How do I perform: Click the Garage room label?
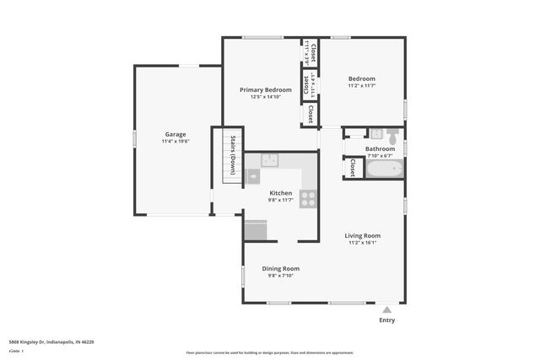pyautogui.click(x=175, y=134)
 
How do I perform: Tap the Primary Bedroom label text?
pyautogui.click(x=265, y=89)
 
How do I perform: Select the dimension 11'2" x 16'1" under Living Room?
pyautogui.click(x=362, y=243)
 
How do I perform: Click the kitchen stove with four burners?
pyautogui.click(x=309, y=199)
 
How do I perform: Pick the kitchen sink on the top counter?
pyautogui.click(x=270, y=159)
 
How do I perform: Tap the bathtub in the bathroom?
pyautogui.click(x=384, y=169)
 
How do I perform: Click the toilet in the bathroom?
pyautogui.click(x=376, y=132)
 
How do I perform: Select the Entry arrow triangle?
pyautogui.click(x=386, y=309)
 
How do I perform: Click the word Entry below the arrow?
pyautogui.click(x=386, y=320)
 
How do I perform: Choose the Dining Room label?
pyautogui.click(x=280, y=268)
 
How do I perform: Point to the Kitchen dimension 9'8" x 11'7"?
pyautogui.click(x=280, y=200)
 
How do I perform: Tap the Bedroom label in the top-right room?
pyautogui.click(x=361, y=78)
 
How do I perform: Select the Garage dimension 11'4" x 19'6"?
pyautogui.click(x=175, y=142)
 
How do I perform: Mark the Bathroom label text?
pyautogui.click(x=380, y=148)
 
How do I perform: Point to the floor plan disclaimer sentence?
pyautogui.click(x=270, y=352)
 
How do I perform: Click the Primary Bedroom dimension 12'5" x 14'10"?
pyautogui.click(x=265, y=97)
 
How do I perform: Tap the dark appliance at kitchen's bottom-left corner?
pyautogui.click(x=256, y=229)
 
